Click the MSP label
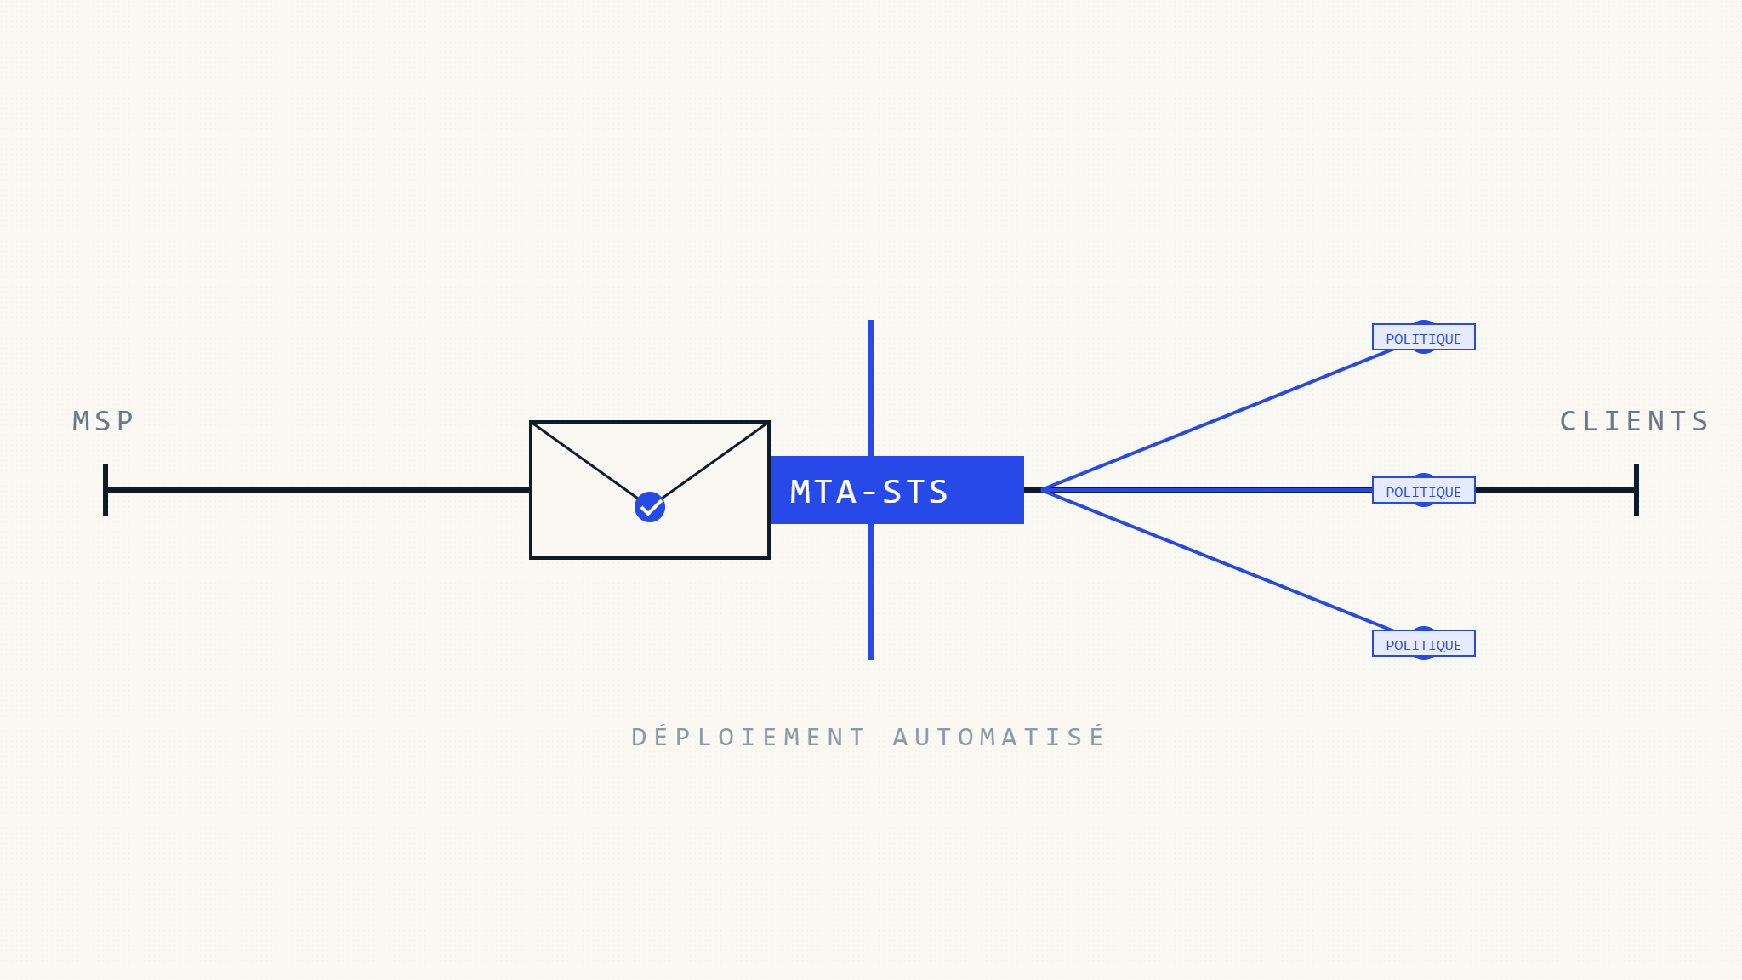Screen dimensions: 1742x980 click(103, 421)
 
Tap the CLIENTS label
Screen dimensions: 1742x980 click(1634, 421)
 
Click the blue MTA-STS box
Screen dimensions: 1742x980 click(897, 490)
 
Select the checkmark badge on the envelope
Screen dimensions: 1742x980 click(650, 507)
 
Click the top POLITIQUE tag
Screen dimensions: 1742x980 click(1424, 337)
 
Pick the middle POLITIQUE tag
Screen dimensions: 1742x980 click(1424, 490)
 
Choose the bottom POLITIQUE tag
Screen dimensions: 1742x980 click(1424, 643)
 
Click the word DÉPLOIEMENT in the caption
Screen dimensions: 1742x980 click(749, 736)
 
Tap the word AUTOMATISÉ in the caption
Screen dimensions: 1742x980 click(999, 736)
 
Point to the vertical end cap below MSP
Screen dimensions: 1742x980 click(105, 490)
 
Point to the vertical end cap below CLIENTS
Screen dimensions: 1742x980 click(1637, 490)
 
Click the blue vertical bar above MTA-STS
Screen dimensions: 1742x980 click(871, 388)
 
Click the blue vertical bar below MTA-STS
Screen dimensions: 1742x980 click(871, 592)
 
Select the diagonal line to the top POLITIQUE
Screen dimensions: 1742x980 click(1217, 419)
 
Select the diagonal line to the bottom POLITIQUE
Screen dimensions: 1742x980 click(1217, 561)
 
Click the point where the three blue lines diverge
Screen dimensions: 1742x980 click(1043, 490)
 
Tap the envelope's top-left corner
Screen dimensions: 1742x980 click(531, 422)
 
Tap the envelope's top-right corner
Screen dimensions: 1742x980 click(769, 422)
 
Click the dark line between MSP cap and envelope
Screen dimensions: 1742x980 click(318, 490)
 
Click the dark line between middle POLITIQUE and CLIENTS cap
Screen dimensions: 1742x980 click(1556, 490)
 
